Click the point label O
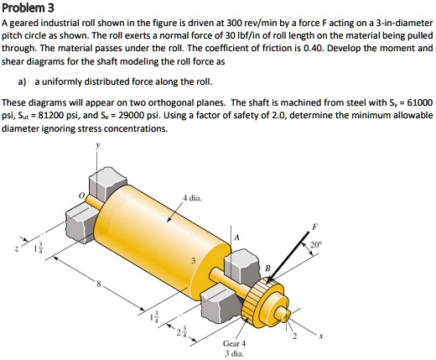tap(80, 198)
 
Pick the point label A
tap(236, 238)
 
